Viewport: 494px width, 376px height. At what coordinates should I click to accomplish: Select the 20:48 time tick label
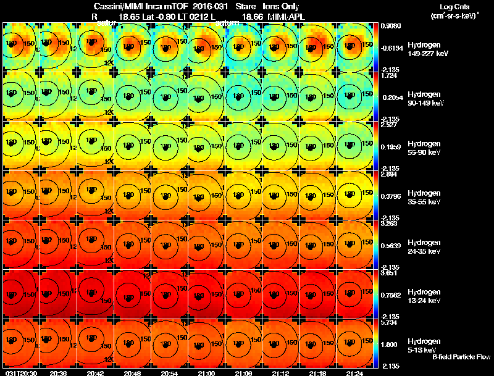pos(132,373)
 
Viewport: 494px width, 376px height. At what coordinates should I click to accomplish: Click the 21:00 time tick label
pos(206,373)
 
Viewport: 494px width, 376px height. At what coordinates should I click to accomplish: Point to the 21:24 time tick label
pos(354,373)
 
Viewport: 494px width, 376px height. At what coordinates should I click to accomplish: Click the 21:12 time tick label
pos(280,373)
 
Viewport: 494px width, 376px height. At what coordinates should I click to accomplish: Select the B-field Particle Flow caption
pos(461,357)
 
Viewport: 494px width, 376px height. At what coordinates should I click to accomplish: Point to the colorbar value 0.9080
pos(388,25)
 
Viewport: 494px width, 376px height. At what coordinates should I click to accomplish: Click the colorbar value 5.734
pos(388,322)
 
